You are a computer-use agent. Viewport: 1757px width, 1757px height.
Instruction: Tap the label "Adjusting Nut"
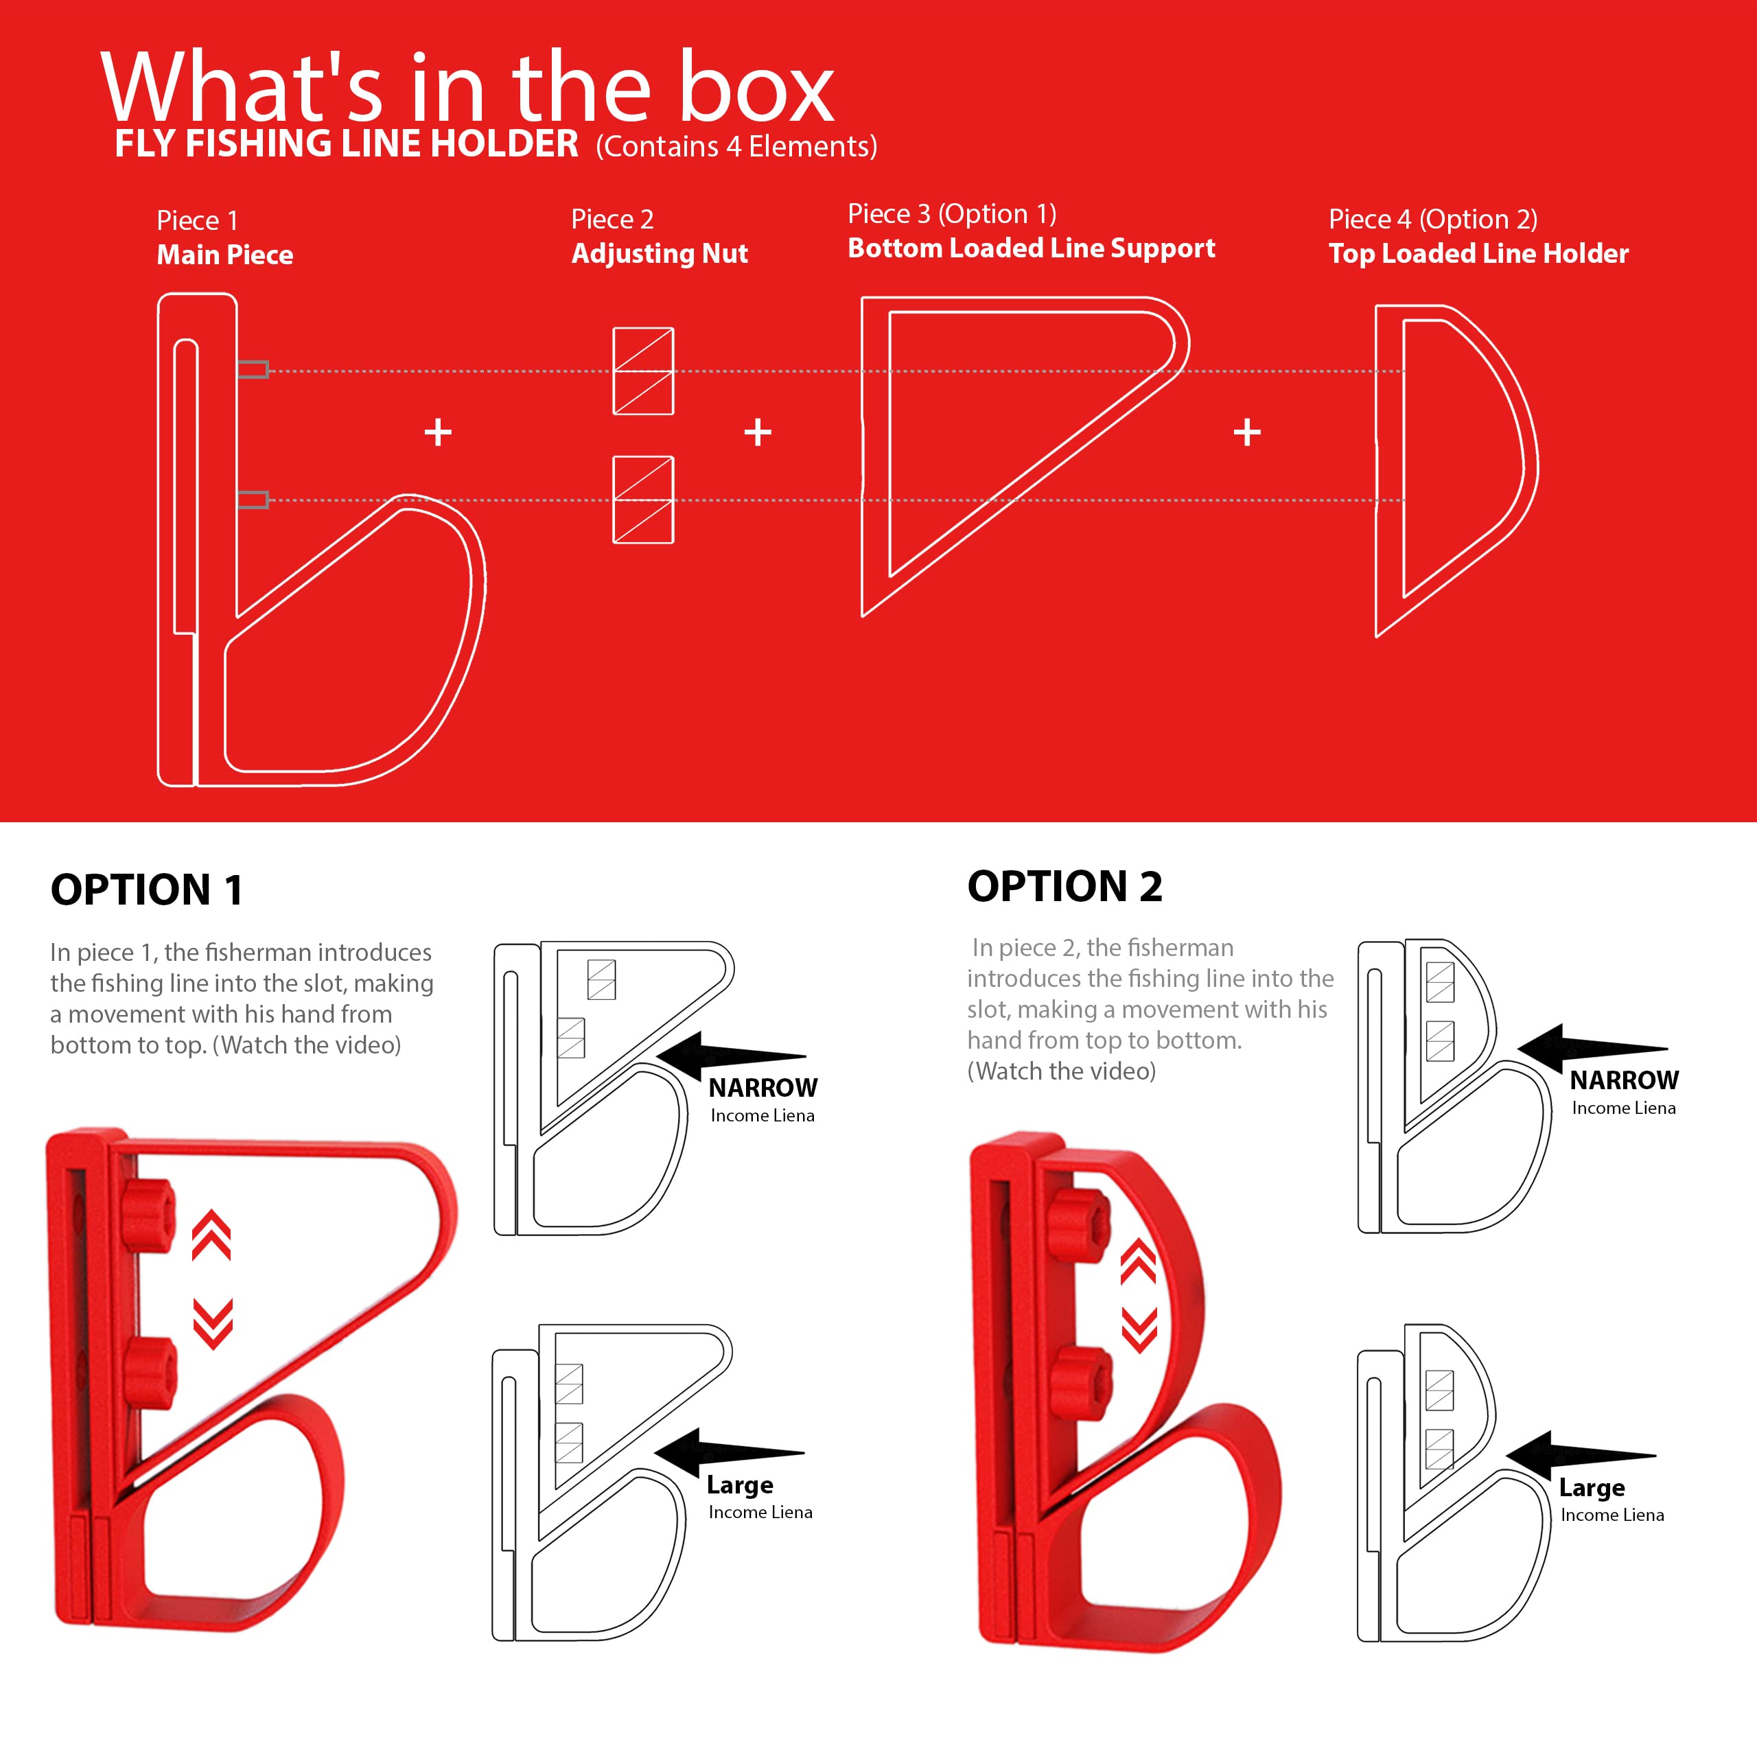pos(660,254)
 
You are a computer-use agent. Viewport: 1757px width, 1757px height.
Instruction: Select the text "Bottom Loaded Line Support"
pos(1032,248)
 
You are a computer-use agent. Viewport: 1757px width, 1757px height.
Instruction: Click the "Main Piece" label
pos(224,255)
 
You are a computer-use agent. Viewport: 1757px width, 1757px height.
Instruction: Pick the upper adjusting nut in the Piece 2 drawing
pos(643,371)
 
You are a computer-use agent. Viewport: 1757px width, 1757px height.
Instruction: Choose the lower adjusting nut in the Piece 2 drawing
pos(643,499)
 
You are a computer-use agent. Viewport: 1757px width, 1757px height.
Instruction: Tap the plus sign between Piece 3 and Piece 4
pos(1247,432)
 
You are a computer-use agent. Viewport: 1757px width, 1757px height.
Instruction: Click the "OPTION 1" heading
pos(146,889)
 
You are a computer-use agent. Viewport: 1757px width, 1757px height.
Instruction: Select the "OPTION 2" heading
pos(1065,886)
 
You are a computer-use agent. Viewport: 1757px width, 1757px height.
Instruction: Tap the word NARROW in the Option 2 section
pos(1625,1080)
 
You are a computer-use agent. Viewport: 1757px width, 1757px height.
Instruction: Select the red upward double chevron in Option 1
pos(211,1235)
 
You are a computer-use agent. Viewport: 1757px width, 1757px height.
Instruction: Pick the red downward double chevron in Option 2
pos(1139,1331)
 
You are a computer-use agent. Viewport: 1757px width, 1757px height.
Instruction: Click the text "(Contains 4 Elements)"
pos(736,146)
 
